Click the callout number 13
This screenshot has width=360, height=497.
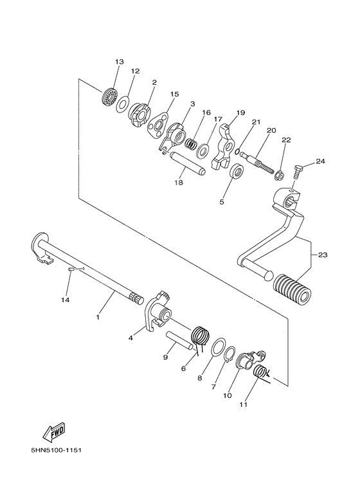point(119,62)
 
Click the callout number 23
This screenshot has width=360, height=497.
point(322,255)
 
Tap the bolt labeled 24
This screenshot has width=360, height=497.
point(298,171)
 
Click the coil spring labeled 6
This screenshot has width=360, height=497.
point(202,337)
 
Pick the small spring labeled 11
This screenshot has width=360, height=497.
point(262,374)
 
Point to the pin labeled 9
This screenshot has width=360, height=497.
point(181,338)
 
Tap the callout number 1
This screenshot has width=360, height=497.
point(98,317)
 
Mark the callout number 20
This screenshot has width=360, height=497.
point(271,131)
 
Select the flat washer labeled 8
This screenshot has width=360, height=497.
point(219,350)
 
